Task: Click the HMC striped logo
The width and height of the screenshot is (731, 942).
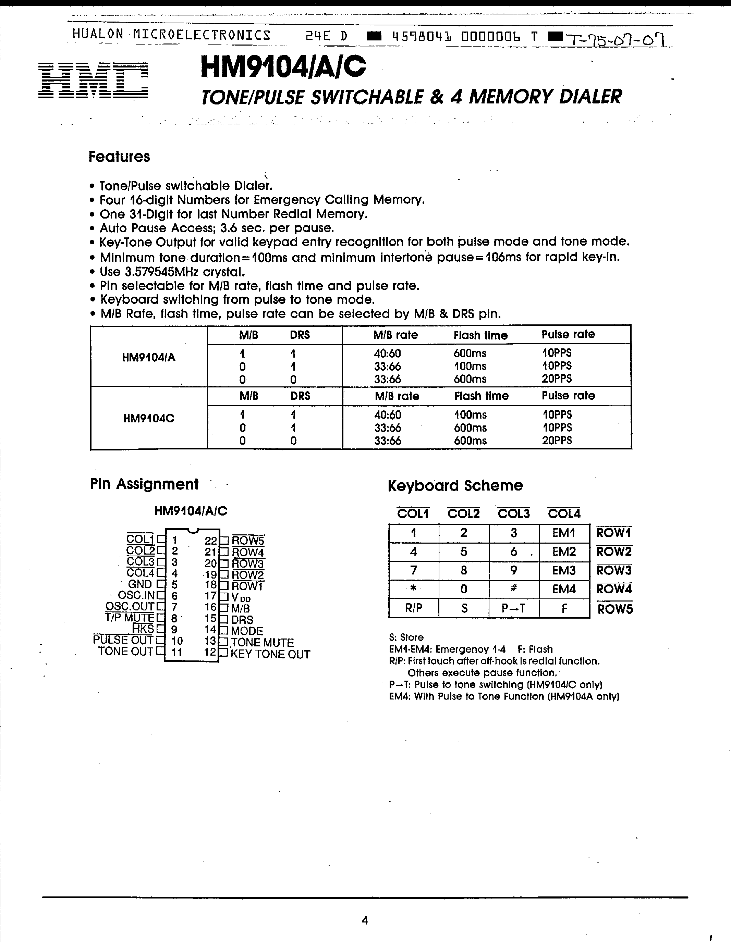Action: (93, 80)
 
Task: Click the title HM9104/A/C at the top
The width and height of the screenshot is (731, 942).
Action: (283, 68)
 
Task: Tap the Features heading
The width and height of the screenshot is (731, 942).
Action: (119, 157)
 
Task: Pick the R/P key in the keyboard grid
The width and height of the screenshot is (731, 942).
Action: (413, 608)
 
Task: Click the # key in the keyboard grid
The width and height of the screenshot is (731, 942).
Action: (513, 589)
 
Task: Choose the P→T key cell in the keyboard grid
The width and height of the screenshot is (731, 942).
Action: (513, 608)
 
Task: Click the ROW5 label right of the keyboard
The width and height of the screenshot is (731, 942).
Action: (615, 609)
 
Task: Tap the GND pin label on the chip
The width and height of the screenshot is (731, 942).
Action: (140, 584)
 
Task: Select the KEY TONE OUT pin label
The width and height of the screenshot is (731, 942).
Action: (270, 654)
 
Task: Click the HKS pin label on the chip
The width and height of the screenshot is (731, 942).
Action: (143, 629)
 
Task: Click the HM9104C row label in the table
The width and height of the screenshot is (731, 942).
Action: (148, 418)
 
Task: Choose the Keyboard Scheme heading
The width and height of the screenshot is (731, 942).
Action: (455, 486)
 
